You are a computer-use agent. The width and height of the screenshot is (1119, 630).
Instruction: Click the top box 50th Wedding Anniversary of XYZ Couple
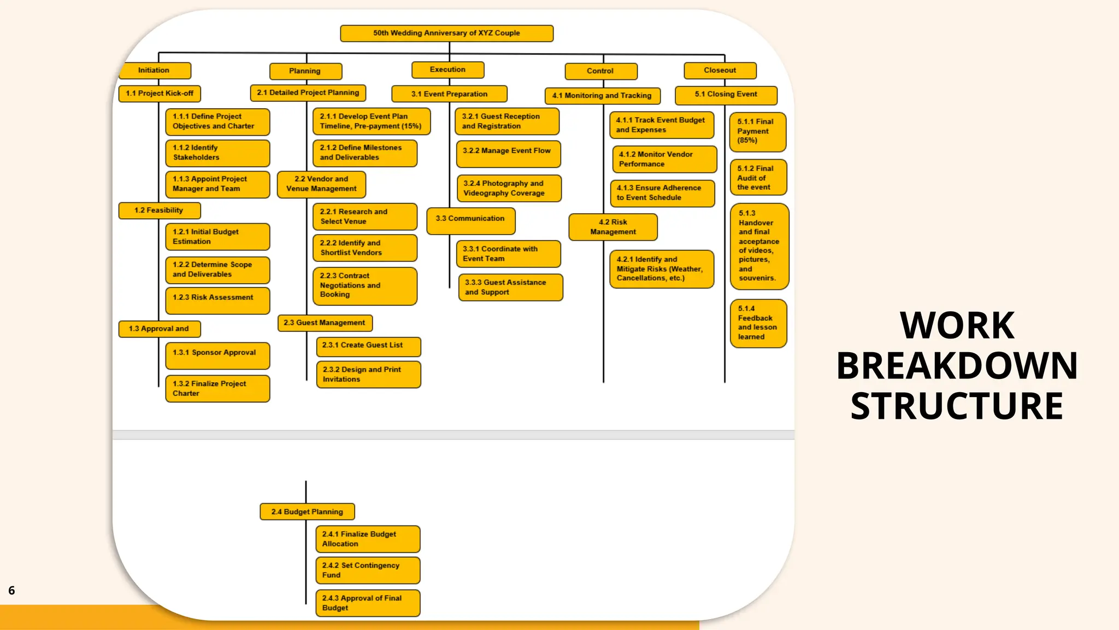(x=446, y=33)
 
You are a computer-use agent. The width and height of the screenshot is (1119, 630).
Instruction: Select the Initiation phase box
(x=155, y=71)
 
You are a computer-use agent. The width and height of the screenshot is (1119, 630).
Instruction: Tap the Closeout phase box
(x=720, y=71)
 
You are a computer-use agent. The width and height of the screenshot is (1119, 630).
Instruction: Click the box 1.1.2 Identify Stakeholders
(x=217, y=153)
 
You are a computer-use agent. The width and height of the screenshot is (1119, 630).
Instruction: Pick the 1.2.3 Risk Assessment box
(x=217, y=300)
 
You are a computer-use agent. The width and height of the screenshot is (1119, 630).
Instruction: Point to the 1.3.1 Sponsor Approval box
(x=217, y=355)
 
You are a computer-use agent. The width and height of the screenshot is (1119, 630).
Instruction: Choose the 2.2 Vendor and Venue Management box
(x=321, y=184)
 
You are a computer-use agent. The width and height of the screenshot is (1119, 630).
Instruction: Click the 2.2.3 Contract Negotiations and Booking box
(x=364, y=285)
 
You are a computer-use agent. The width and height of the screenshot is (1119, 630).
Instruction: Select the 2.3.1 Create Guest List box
(x=368, y=346)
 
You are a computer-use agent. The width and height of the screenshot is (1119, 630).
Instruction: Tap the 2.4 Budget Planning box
(x=307, y=512)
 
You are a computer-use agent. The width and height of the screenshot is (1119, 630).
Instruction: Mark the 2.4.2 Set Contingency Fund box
(x=368, y=570)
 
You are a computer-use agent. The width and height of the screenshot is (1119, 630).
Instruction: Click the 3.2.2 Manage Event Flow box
(x=508, y=154)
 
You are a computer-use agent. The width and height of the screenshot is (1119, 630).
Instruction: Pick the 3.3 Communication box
(x=470, y=220)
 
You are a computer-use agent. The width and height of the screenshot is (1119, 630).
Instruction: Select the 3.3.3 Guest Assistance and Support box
(x=510, y=287)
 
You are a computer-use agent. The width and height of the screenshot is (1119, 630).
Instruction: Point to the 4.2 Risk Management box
(x=612, y=227)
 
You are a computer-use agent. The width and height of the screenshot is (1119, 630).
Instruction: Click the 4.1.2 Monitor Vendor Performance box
(x=664, y=159)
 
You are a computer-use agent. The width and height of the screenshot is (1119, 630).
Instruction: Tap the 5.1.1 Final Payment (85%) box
(x=758, y=132)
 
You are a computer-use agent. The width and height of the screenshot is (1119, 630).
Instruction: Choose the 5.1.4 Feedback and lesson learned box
(x=758, y=323)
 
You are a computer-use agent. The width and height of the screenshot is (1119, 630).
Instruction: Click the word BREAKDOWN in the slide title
(x=957, y=366)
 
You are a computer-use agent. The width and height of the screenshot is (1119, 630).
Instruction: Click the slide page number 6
(x=11, y=591)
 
